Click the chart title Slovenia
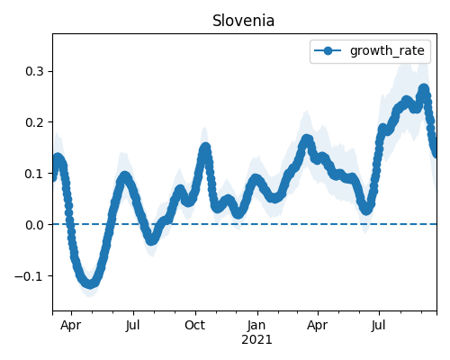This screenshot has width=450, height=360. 243,21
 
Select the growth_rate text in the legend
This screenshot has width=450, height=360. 387,50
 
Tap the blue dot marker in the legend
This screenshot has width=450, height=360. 328,51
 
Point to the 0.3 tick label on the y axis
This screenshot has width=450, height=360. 34,71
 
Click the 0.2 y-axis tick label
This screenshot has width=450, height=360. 34,122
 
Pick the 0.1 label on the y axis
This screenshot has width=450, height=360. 34,174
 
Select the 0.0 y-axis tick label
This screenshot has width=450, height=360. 34,224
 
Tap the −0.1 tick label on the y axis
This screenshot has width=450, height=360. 29,275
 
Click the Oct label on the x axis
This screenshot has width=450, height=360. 195,325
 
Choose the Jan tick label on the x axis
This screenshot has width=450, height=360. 256,325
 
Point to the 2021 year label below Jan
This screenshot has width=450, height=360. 256,340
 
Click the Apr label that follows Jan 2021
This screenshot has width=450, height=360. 318,325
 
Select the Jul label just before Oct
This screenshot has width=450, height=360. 132,325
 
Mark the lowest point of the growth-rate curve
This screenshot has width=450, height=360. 90,283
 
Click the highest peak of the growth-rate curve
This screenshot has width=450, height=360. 424,89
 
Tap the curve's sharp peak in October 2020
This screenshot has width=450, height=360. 205,148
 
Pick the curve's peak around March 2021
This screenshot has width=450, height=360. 307,140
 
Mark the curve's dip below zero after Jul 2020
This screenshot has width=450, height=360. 151,239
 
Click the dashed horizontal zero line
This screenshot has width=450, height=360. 245,224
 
